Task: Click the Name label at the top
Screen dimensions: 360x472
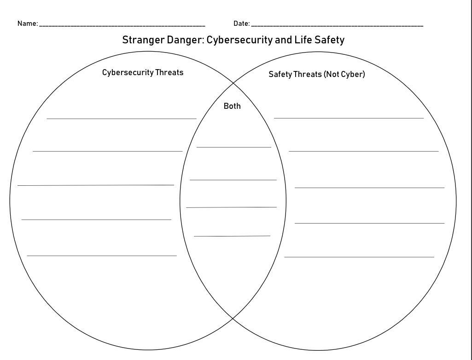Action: click(x=27, y=24)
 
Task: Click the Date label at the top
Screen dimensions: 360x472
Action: click(x=241, y=24)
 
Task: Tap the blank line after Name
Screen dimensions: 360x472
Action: click(x=122, y=26)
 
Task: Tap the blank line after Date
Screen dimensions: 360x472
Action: click(x=337, y=26)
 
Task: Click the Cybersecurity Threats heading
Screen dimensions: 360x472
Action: click(x=143, y=72)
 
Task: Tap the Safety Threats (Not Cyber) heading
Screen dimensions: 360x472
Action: click(x=317, y=74)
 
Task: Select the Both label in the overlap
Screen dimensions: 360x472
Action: click(x=232, y=106)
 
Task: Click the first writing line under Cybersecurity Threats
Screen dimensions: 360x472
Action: click(x=122, y=118)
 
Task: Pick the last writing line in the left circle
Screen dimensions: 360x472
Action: click(x=102, y=255)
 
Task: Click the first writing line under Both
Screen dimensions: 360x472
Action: click(x=234, y=147)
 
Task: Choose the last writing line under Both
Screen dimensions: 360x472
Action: click(x=232, y=236)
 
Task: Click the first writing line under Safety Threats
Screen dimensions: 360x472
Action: click(x=349, y=118)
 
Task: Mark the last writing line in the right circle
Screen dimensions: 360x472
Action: click(x=359, y=257)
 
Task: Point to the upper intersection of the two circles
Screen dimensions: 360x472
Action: click(x=233, y=83)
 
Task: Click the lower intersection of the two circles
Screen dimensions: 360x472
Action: click(x=233, y=318)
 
